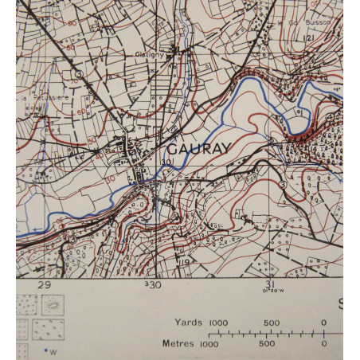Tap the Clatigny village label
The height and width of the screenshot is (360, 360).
point(149,55)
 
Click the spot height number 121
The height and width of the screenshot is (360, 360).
point(306,38)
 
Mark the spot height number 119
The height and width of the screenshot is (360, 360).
point(184,262)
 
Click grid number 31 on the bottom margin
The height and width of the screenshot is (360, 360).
point(269,285)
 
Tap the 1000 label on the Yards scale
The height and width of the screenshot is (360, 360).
point(219,323)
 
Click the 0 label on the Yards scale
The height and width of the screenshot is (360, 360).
point(324,323)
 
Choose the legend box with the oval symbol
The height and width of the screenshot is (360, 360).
point(53,303)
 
